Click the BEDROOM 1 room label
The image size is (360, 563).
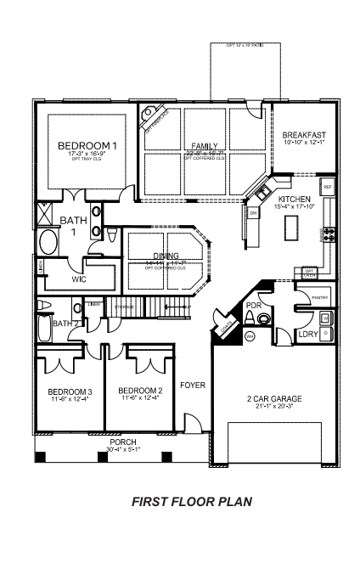(87, 146)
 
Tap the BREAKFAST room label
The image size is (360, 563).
(303, 133)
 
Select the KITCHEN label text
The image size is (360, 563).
(295, 199)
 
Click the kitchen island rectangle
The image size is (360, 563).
(293, 228)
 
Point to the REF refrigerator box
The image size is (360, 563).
(327, 184)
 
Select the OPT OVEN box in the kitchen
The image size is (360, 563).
(310, 273)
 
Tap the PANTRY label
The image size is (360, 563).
(320, 298)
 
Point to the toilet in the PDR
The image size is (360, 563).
(265, 318)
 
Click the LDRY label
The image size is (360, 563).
(307, 335)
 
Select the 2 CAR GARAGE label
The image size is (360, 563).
(273, 398)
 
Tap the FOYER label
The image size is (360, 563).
(193, 385)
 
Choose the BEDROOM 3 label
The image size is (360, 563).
(69, 391)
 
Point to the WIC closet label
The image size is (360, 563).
(79, 278)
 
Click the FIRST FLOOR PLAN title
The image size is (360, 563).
(192, 502)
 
